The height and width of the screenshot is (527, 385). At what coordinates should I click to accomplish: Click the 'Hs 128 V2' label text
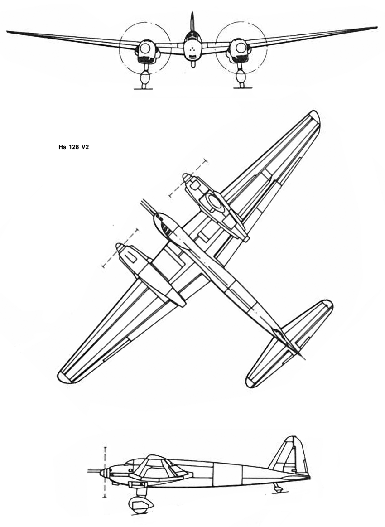[73, 147]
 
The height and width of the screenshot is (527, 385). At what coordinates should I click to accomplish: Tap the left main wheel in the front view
[145, 79]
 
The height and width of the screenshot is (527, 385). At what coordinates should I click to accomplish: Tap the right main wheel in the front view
[241, 78]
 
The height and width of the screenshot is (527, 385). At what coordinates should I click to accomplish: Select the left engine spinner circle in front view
[145, 49]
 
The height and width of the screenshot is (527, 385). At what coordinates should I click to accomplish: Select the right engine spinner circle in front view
[241, 48]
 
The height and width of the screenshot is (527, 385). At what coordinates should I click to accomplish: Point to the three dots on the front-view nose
[192, 49]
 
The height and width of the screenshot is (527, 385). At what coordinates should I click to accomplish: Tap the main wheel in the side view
[140, 504]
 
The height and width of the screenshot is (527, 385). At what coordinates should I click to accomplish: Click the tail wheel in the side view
[278, 489]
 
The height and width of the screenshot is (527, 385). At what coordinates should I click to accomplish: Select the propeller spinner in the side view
[104, 473]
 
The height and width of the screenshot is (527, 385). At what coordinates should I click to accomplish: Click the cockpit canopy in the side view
[158, 467]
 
